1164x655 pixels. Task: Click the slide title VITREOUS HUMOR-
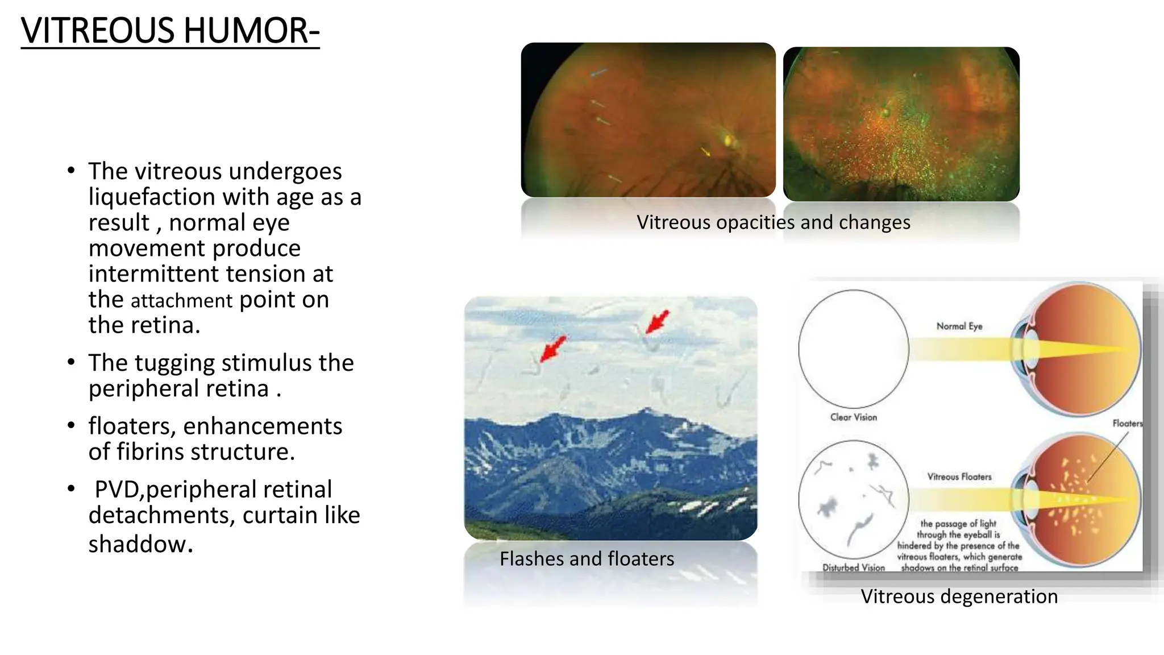(170, 31)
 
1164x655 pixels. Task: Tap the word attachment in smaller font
(181, 301)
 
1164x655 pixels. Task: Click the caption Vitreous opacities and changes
(773, 222)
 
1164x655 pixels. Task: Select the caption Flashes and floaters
(587, 559)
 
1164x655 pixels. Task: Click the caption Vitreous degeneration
(959, 596)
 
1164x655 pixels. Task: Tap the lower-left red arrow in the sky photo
(552, 349)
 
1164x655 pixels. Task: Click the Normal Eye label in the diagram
(959, 326)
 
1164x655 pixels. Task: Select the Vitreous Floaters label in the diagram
(959, 477)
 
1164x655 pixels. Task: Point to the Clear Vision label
(853, 417)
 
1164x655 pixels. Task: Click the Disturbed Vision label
(853, 567)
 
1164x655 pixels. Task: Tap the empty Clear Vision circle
(853, 349)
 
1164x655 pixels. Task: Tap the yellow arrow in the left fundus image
(705, 151)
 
